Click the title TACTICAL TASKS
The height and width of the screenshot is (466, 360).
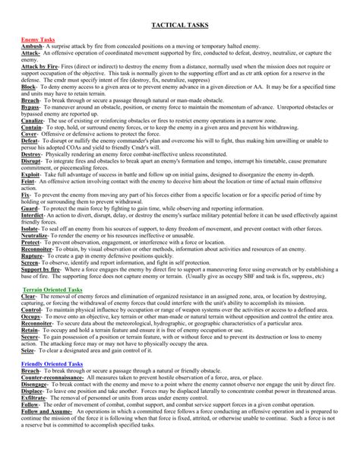[x=180, y=25]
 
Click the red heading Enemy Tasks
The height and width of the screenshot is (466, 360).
[x=36, y=39]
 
